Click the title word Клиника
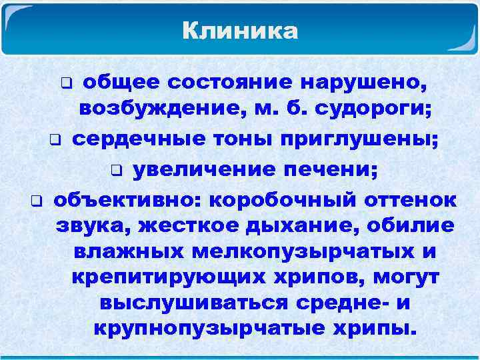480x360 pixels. click(x=240, y=31)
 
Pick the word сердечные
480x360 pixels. click(x=139, y=139)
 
